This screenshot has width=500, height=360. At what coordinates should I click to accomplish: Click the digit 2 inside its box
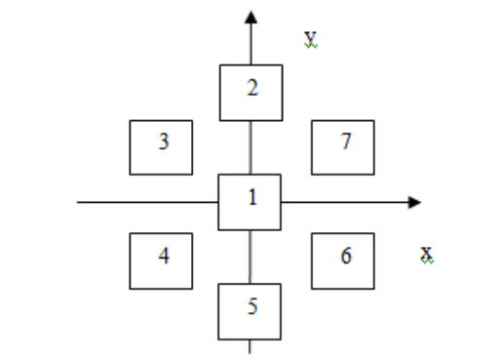[x=252, y=88]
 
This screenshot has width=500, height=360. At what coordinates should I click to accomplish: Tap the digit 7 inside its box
[x=346, y=141]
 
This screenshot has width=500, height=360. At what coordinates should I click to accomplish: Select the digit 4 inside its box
[x=164, y=256]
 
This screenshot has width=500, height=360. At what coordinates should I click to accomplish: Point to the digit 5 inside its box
[x=252, y=306]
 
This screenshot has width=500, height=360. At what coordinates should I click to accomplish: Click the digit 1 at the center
[x=252, y=197]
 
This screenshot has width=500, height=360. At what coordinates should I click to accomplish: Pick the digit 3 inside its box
[x=164, y=141]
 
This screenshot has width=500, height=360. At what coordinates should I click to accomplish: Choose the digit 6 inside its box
[x=346, y=256]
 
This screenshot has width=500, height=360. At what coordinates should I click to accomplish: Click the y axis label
[x=311, y=39]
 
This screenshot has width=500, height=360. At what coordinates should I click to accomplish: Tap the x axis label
[x=427, y=254]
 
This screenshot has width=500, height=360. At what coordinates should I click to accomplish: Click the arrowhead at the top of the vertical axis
[x=251, y=17]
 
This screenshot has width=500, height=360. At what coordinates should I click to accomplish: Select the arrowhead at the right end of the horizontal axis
[x=414, y=202]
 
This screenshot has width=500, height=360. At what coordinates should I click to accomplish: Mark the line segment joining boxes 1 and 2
[x=250, y=147]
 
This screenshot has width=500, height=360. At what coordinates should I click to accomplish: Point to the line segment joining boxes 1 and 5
[x=250, y=257]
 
